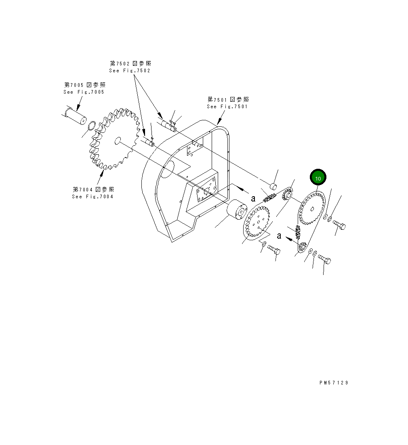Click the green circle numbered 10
click(x=318, y=177)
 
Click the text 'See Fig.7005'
click(x=84, y=92)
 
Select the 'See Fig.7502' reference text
click(x=129, y=71)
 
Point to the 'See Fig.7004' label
click(x=93, y=197)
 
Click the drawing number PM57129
click(x=333, y=383)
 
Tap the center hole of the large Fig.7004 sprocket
click(x=118, y=140)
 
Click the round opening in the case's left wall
click(x=167, y=167)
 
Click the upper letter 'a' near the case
click(x=253, y=199)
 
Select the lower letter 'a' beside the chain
click(x=279, y=236)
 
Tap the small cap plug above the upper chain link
click(x=273, y=186)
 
